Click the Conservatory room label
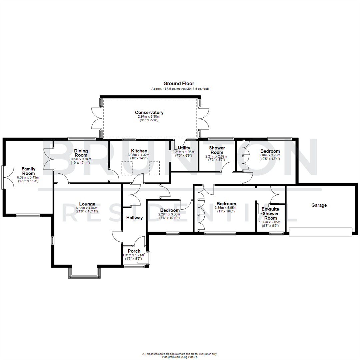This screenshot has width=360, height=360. coord(149,112)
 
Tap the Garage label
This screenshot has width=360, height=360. coord(319,205)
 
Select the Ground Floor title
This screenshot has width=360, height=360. coord(179,84)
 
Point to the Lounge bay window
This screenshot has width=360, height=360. coord(84,272)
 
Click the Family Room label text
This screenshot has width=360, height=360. coord(28,171)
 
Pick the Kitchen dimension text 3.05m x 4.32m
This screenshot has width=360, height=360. coord(139,155)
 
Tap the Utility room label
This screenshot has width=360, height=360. coord(184,148)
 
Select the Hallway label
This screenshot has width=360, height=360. coord(134,218)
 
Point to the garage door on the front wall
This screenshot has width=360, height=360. coord(321,232)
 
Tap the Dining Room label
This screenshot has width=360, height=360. coord(81,153)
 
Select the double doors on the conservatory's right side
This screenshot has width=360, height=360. coord(204,119)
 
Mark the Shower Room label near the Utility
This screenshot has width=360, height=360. coord(217,150)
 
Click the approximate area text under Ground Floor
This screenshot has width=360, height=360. coord(180,89)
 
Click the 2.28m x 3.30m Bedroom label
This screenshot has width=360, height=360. coord(170,210)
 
